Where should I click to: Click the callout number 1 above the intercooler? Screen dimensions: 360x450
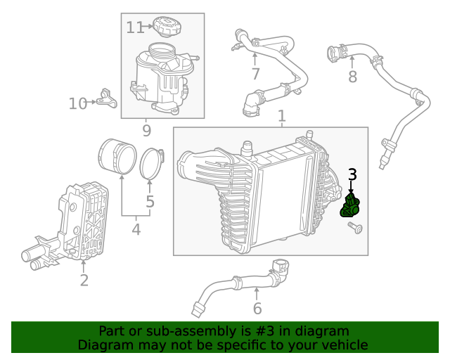(281, 115)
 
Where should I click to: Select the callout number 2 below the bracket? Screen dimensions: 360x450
(84, 281)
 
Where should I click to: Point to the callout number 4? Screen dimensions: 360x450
(136, 229)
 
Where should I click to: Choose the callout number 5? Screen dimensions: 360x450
(150, 202)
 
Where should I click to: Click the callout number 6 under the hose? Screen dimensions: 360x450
(257, 308)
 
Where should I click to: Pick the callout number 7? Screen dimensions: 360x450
(255, 74)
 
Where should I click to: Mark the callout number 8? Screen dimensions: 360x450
(352, 75)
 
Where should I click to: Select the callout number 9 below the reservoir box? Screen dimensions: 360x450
(146, 130)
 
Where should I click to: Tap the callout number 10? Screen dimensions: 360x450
(77, 104)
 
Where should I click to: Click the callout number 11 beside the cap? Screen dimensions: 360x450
(134, 27)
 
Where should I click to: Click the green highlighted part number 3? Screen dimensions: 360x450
(350, 207)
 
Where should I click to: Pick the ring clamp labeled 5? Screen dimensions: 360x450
(151, 162)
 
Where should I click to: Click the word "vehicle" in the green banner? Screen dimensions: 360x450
(340, 345)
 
